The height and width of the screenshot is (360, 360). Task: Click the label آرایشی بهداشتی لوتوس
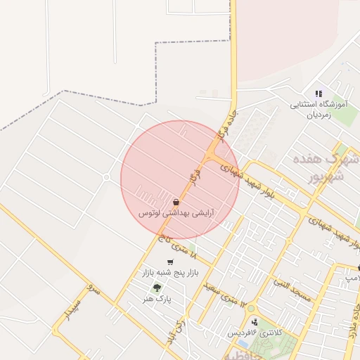176,212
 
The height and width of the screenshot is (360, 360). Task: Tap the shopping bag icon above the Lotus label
176,202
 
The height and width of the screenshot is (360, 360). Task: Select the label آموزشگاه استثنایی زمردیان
319,108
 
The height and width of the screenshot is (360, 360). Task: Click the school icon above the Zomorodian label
319,94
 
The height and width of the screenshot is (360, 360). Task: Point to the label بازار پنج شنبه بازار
172,271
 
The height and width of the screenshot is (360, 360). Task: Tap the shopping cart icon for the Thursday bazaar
170,262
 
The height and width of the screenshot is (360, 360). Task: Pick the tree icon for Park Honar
156,288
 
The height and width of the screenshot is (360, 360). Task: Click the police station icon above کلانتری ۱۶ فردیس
254,322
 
